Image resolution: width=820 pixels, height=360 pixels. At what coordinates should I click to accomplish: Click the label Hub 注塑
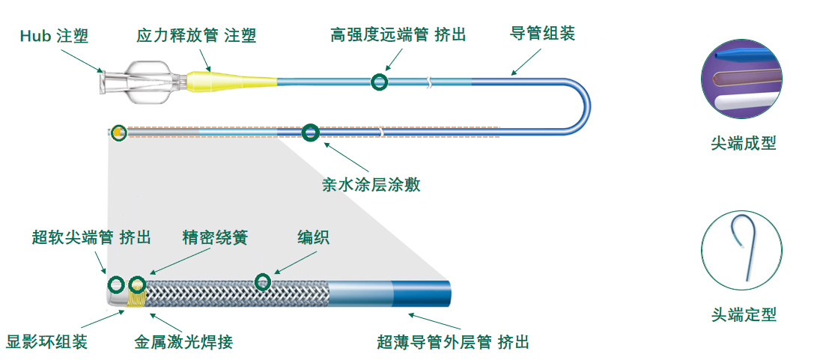click(54, 36)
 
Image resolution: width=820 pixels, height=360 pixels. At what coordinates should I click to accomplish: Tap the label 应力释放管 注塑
click(196, 36)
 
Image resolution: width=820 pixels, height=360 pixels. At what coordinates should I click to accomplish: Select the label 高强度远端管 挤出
click(398, 36)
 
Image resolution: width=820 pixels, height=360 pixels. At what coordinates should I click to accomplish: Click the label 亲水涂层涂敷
click(371, 185)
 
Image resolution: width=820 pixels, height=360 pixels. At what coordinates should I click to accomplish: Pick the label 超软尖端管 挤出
click(91, 237)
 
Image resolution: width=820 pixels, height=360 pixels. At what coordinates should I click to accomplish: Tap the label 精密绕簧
click(215, 237)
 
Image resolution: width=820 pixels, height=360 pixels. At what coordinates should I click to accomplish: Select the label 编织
click(313, 237)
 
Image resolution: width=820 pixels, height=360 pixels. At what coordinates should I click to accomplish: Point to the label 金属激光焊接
click(183, 342)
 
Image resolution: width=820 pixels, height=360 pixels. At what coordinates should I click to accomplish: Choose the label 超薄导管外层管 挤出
click(453, 342)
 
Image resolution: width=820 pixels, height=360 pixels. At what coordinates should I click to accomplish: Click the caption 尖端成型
click(743, 143)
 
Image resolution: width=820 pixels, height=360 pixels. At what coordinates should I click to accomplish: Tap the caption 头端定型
click(743, 314)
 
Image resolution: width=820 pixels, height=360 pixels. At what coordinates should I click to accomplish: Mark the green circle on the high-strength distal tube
click(380, 82)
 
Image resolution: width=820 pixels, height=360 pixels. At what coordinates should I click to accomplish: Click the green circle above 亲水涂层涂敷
click(310, 133)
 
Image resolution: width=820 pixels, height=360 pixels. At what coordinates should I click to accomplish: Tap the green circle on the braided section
click(262, 282)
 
